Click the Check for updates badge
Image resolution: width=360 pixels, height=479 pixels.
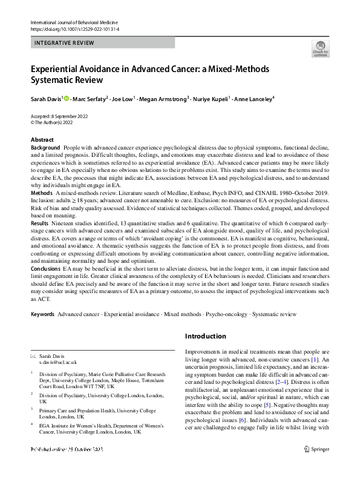(x=320, y=48)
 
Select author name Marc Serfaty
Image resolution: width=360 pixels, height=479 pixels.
(x=90, y=98)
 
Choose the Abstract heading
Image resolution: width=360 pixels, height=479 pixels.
(x=42, y=140)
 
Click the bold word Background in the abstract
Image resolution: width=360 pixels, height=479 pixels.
(x=45, y=148)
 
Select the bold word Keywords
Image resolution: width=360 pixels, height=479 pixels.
(x=42, y=315)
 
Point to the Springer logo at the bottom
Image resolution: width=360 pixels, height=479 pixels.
(x=316, y=465)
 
